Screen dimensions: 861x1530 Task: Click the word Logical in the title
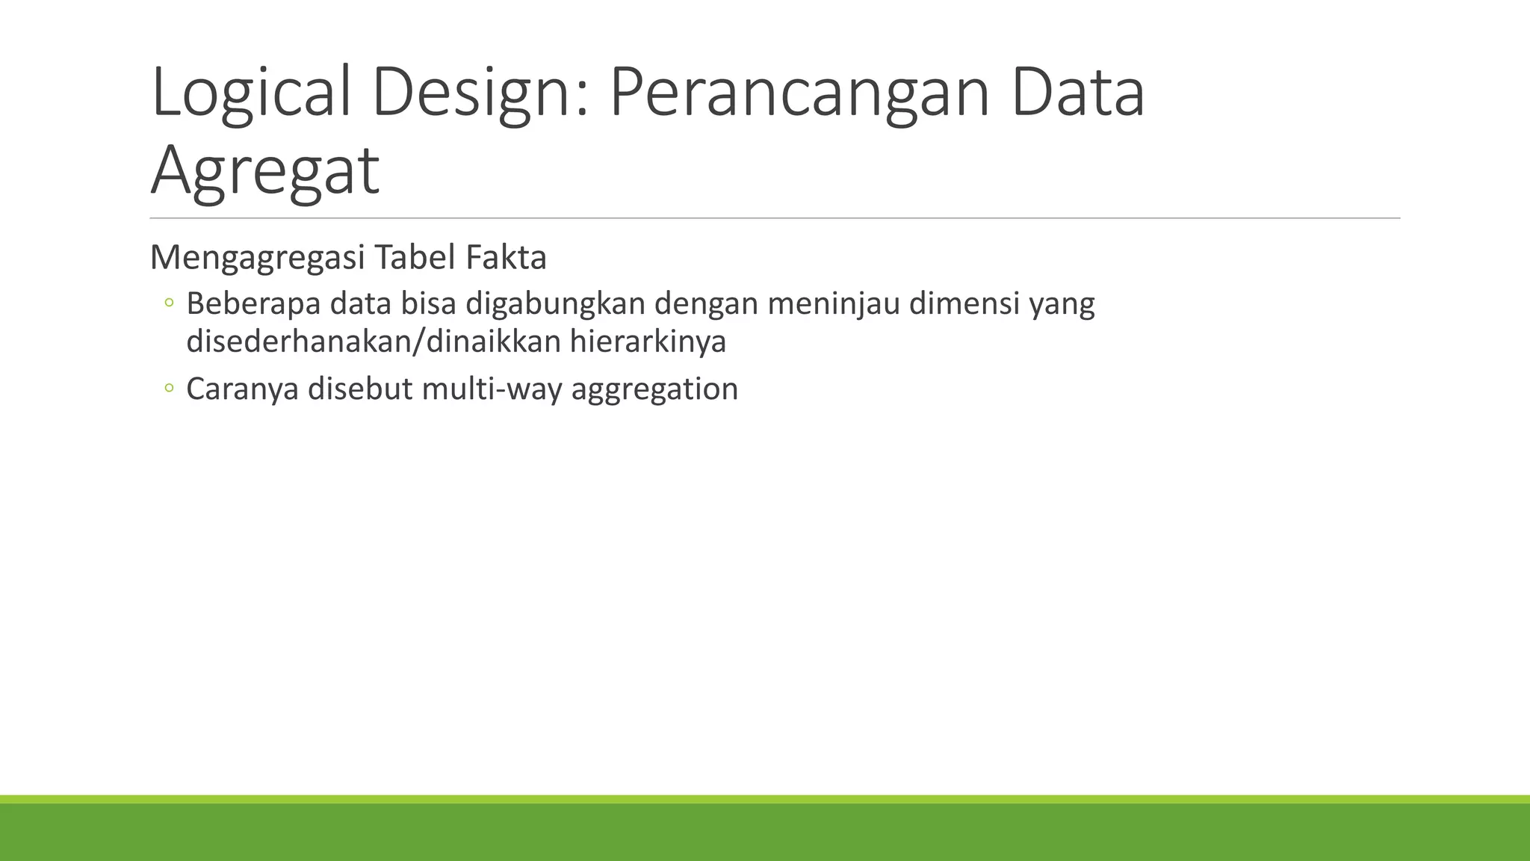(251, 93)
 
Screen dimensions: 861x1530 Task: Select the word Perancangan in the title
(800, 93)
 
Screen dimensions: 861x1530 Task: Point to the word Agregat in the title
(265, 172)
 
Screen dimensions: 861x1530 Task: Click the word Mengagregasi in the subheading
(258, 258)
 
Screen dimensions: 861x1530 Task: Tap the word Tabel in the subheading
(415, 258)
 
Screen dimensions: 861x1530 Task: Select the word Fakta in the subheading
(507, 258)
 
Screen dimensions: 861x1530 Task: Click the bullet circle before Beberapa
(169, 303)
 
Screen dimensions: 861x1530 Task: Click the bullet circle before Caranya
(169, 389)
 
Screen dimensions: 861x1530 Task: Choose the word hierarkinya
(648, 342)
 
